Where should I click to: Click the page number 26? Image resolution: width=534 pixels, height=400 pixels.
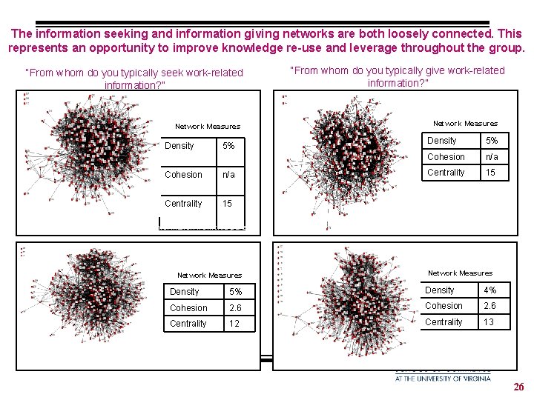pyautogui.click(x=518, y=387)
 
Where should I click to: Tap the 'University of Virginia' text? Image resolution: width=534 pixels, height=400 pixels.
pyautogui.click(x=442, y=378)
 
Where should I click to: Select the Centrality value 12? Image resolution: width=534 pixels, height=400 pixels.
pyautogui.click(x=234, y=324)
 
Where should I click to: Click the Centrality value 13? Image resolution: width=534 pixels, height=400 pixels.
pyautogui.click(x=489, y=321)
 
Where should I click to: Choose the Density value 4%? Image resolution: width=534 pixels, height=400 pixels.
pyautogui.click(x=490, y=290)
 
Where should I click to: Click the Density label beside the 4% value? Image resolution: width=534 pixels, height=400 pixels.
pyautogui.click(x=439, y=290)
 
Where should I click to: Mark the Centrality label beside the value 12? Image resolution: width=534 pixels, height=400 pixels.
pyautogui.click(x=188, y=324)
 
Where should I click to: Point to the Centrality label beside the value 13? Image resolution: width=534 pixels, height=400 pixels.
pyautogui.click(x=444, y=321)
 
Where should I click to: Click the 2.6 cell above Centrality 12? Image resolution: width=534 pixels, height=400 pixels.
pyautogui.click(x=236, y=308)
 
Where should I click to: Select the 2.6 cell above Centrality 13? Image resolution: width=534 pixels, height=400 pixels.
pyautogui.click(x=490, y=306)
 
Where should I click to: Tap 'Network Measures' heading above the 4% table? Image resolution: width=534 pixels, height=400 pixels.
pyautogui.click(x=460, y=273)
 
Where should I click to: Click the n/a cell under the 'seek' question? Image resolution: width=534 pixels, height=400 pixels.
pyautogui.click(x=229, y=175)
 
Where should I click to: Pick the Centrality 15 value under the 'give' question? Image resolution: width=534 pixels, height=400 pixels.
pyautogui.click(x=490, y=173)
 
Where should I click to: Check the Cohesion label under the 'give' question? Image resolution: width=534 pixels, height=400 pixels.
pyautogui.click(x=446, y=157)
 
